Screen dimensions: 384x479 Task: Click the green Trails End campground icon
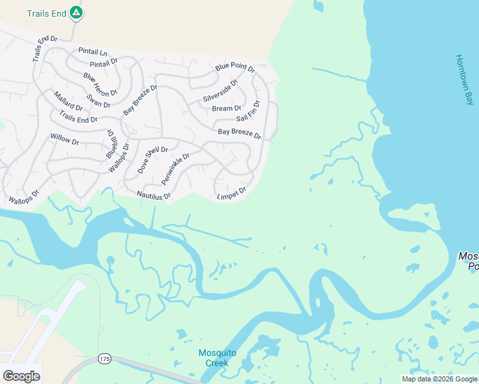coord(76,12)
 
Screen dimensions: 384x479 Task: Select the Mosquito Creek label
coord(217,358)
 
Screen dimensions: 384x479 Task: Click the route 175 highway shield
coord(104,358)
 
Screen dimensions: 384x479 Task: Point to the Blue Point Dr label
coord(235,67)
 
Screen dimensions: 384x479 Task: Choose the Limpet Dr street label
coord(231,193)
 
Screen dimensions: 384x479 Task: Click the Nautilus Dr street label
coord(154,195)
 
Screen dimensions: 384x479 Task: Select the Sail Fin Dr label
coord(248,111)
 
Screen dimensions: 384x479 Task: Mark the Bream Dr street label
coord(227,109)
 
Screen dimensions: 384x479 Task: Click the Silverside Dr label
coord(220,90)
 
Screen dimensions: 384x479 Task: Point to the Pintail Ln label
coord(93,51)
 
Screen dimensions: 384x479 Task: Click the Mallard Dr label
coord(68,101)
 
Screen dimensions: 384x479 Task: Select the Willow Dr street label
coord(64,138)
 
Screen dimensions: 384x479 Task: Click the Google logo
coord(21,376)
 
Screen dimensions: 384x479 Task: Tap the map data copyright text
coord(439,379)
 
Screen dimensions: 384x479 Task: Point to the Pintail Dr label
coord(104,63)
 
